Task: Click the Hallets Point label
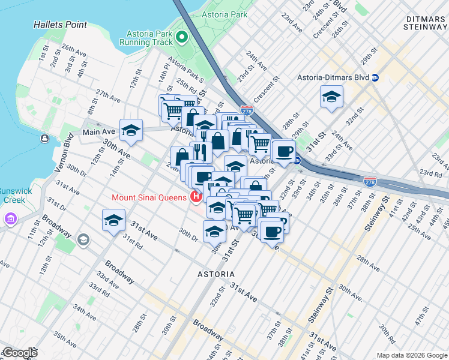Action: [61, 25]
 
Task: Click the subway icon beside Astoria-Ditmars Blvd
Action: [375, 77]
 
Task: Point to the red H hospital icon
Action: [194, 197]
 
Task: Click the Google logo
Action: [19, 353]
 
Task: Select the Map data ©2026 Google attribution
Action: [411, 355]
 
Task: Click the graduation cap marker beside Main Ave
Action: [131, 130]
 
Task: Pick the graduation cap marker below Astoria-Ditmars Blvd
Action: [331, 97]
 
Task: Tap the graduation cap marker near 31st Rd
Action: [113, 220]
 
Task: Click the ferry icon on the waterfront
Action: [44, 139]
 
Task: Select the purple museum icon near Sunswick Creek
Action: [9, 220]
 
